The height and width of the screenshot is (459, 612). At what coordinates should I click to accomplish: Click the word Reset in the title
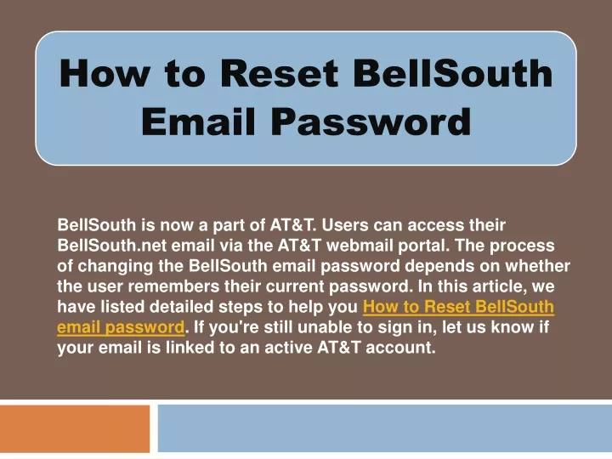(279, 73)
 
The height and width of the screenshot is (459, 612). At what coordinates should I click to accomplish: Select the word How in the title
(105, 73)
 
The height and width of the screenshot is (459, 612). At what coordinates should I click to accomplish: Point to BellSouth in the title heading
(453, 73)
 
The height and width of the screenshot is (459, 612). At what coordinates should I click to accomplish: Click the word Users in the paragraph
(344, 225)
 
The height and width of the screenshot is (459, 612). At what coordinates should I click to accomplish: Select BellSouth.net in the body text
(112, 246)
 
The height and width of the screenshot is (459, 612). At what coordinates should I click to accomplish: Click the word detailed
(182, 306)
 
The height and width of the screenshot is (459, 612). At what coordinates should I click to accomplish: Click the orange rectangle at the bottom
(75, 428)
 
